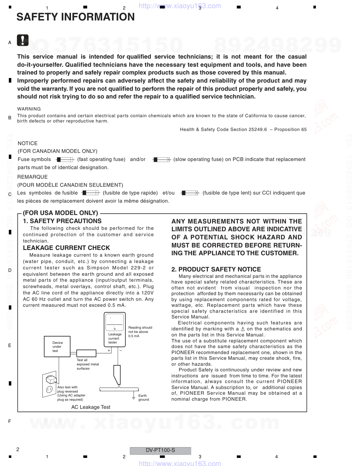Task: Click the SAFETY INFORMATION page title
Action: pyautogui.click(x=76, y=17)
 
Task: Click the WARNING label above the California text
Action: pyautogui.click(x=29, y=109)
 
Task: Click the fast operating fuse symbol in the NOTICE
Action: pyautogui.click(x=65, y=160)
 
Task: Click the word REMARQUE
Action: pyautogui.click(x=32, y=177)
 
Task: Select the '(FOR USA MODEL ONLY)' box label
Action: pyautogui.click(x=60, y=213)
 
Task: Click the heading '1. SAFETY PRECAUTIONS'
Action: pyautogui.click(x=62, y=221)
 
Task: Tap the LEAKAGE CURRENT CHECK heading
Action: pyautogui.click(x=66, y=248)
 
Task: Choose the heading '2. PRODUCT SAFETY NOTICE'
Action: pyautogui.click(x=216, y=269)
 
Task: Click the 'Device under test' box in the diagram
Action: pyautogui.click(x=58, y=347)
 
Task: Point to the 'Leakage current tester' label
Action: pyautogui.click(x=114, y=338)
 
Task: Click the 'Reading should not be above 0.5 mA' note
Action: pyautogui.click(x=140, y=331)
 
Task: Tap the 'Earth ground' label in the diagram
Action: pyautogui.click(x=143, y=398)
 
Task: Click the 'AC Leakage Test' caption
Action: pyautogui.click(x=91, y=407)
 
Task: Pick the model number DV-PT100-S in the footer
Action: pyautogui.click(x=160, y=450)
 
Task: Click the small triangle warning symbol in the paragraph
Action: pyautogui.click(x=242, y=329)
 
